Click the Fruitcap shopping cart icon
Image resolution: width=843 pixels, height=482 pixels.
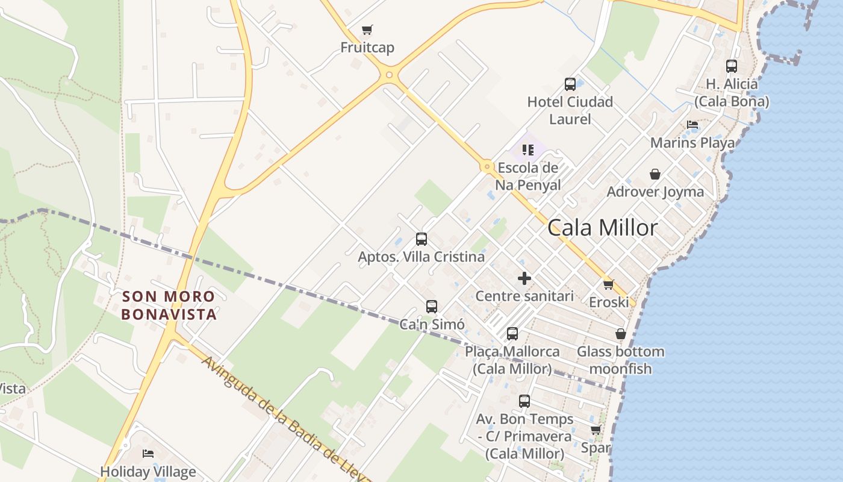click(x=367, y=30)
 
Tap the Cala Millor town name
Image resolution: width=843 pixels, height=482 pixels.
click(x=603, y=228)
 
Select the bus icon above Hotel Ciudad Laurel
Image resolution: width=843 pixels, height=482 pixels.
click(x=570, y=84)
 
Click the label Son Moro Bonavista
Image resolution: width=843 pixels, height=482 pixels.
click(x=169, y=305)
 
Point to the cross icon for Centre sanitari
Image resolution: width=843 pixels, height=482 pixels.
click(x=524, y=278)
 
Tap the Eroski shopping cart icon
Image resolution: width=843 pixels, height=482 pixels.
click(x=608, y=284)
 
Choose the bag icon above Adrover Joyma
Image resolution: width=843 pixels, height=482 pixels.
click(x=655, y=174)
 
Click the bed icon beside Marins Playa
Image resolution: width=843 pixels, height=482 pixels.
click(x=692, y=125)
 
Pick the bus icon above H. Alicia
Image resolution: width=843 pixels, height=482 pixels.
click(x=732, y=66)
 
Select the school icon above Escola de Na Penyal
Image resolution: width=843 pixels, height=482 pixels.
click(x=528, y=149)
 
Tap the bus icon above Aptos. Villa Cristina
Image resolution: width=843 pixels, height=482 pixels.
click(x=421, y=239)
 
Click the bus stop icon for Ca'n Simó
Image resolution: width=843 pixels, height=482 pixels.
click(x=432, y=307)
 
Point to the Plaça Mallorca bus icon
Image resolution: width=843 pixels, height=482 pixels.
click(x=512, y=333)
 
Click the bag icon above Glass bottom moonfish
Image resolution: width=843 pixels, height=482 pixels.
click(x=621, y=334)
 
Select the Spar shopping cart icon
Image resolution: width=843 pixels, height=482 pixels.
click(x=596, y=430)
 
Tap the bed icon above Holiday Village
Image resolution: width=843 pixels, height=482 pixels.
click(x=148, y=454)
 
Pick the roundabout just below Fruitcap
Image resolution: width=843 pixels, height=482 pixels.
click(x=389, y=75)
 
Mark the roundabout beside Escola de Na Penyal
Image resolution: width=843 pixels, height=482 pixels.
click(x=486, y=166)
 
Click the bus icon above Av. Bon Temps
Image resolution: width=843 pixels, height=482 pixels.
click(x=524, y=401)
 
